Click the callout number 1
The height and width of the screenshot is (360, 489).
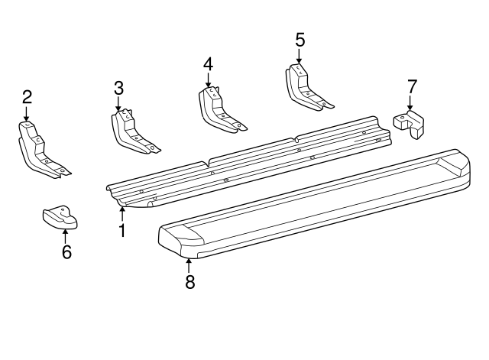121,229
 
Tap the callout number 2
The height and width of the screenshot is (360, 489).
27,96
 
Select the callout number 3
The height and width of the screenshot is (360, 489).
118,88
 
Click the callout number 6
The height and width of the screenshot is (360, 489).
66,251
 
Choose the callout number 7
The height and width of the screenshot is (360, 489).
412,85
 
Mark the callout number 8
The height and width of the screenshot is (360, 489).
189,281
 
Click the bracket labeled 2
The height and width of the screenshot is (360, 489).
38,149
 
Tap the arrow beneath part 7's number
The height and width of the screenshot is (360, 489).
410,103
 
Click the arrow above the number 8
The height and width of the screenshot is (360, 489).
189,264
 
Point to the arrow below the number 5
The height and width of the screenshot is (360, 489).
299,55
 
